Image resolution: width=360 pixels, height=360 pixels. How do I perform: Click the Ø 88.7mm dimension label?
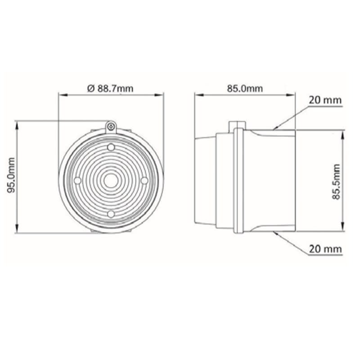[110, 88]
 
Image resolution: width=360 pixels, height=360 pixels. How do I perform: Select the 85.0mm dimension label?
[245, 88]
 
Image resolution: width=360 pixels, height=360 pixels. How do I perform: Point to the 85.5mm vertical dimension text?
[336, 182]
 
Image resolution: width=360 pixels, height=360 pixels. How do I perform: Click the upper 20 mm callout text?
[325, 100]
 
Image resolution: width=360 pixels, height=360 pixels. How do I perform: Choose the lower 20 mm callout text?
[325, 249]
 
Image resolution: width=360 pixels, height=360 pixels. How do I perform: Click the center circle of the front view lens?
[111, 181]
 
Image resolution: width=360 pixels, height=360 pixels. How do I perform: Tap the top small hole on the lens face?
[111, 147]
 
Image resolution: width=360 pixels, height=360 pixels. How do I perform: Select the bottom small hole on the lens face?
[111, 214]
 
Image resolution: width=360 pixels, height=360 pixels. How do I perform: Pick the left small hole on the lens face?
[77, 180]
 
